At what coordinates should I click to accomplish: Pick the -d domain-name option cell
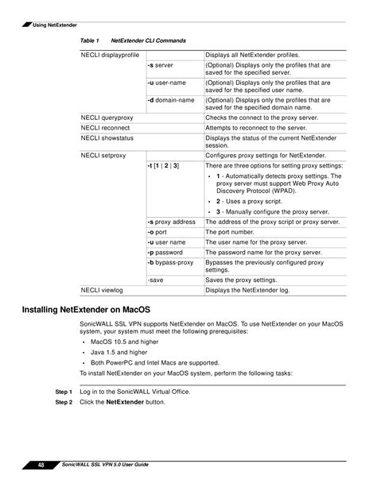171,101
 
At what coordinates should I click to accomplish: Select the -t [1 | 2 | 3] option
164,165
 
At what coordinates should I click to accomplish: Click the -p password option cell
165,252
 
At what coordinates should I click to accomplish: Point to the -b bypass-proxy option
170,262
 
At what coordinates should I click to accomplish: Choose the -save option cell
157,280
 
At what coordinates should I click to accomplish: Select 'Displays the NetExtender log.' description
248,291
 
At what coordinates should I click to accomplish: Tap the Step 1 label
64,392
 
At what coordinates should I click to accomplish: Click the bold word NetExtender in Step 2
125,403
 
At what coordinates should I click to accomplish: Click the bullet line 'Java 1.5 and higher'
121,351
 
